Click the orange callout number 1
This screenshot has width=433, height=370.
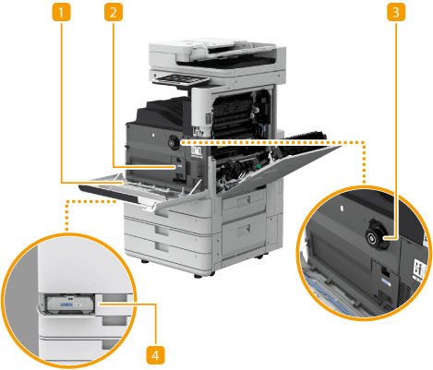tap(61, 12)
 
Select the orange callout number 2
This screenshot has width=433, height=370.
tap(114, 12)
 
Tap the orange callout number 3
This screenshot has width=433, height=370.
tap(396, 12)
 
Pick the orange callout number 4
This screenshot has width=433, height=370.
tap(155, 356)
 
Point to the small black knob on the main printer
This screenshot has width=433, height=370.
tap(174, 142)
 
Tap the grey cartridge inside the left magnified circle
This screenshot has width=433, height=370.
tap(69, 304)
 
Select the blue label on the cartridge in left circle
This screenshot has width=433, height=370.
tap(66, 304)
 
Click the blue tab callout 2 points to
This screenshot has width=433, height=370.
tap(179, 166)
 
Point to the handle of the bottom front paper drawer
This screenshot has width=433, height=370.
tap(162, 246)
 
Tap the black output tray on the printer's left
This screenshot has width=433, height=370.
tap(160, 113)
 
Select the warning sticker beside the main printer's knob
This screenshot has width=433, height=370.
tap(196, 150)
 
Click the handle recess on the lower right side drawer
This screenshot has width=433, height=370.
tap(244, 229)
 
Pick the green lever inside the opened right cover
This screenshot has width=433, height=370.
tap(257, 166)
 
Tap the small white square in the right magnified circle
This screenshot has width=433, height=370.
tap(341, 209)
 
